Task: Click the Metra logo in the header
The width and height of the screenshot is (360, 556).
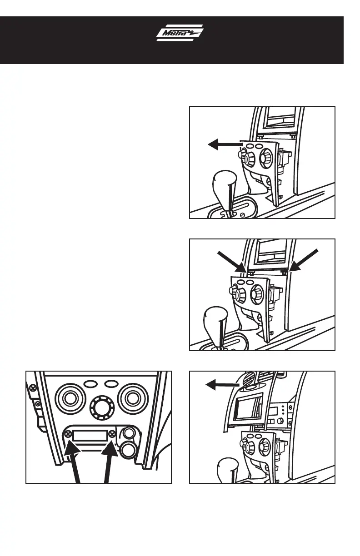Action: tap(180, 33)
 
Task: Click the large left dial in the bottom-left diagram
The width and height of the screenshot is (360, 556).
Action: tap(69, 398)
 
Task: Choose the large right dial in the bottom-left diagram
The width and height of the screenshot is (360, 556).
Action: tap(132, 398)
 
